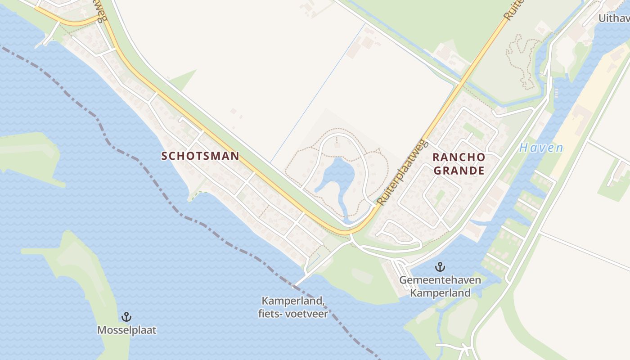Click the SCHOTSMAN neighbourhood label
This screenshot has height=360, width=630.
click(200, 156)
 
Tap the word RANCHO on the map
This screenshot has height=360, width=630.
click(459, 157)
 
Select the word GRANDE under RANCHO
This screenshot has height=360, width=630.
click(459, 171)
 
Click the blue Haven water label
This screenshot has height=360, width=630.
click(541, 148)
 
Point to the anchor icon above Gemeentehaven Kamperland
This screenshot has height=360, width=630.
click(440, 267)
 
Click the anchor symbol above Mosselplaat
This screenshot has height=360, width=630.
click(126, 317)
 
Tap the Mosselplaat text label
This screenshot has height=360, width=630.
click(126, 330)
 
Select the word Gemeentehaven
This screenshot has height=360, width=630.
click(440, 280)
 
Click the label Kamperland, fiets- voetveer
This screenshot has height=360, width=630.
click(293, 307)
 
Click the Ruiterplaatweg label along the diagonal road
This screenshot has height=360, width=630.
click(401, 172)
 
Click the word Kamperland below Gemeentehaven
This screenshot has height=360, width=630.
click(440, 293)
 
